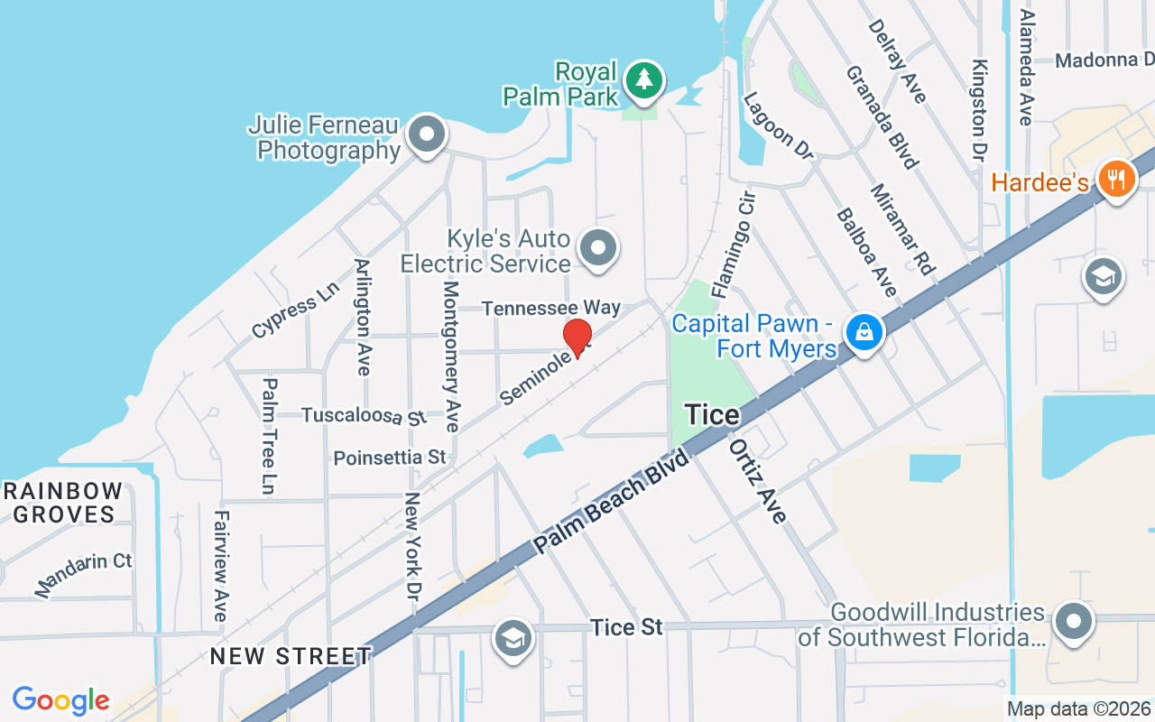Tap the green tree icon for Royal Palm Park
point(643,79)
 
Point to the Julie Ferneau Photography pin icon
point(427,135)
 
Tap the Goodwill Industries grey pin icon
point(1073,622)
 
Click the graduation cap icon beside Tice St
point(513,639)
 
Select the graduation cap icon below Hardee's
point(1103,276)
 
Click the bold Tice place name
point(712,415)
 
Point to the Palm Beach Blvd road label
point(611,502)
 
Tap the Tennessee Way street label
point(551,309)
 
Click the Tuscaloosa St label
point(363,416)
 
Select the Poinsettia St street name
point(390,458)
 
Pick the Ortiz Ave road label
point(758,481)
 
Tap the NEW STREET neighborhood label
point(291,656)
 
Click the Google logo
point(60,700)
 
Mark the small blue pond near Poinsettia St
point(541,446)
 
